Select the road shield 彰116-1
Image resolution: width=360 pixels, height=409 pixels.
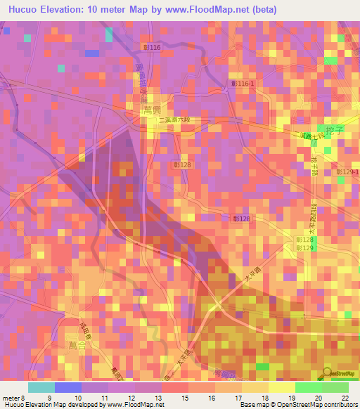coord(243,83)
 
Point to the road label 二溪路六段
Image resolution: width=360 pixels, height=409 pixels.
coord(174,120)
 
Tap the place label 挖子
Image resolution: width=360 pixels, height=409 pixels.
coord(333,130)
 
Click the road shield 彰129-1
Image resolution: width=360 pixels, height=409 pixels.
coord(347,172)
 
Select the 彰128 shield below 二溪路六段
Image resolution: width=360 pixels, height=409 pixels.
coord(183,164)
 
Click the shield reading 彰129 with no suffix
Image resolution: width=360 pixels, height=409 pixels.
coord(304,248)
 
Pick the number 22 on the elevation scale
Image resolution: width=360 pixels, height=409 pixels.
coord(344,398)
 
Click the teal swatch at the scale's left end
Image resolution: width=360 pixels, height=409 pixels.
coord(41,387)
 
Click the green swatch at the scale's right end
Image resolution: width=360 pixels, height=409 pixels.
coord(335,387)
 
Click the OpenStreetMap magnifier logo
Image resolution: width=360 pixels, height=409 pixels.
coord(328,373)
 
